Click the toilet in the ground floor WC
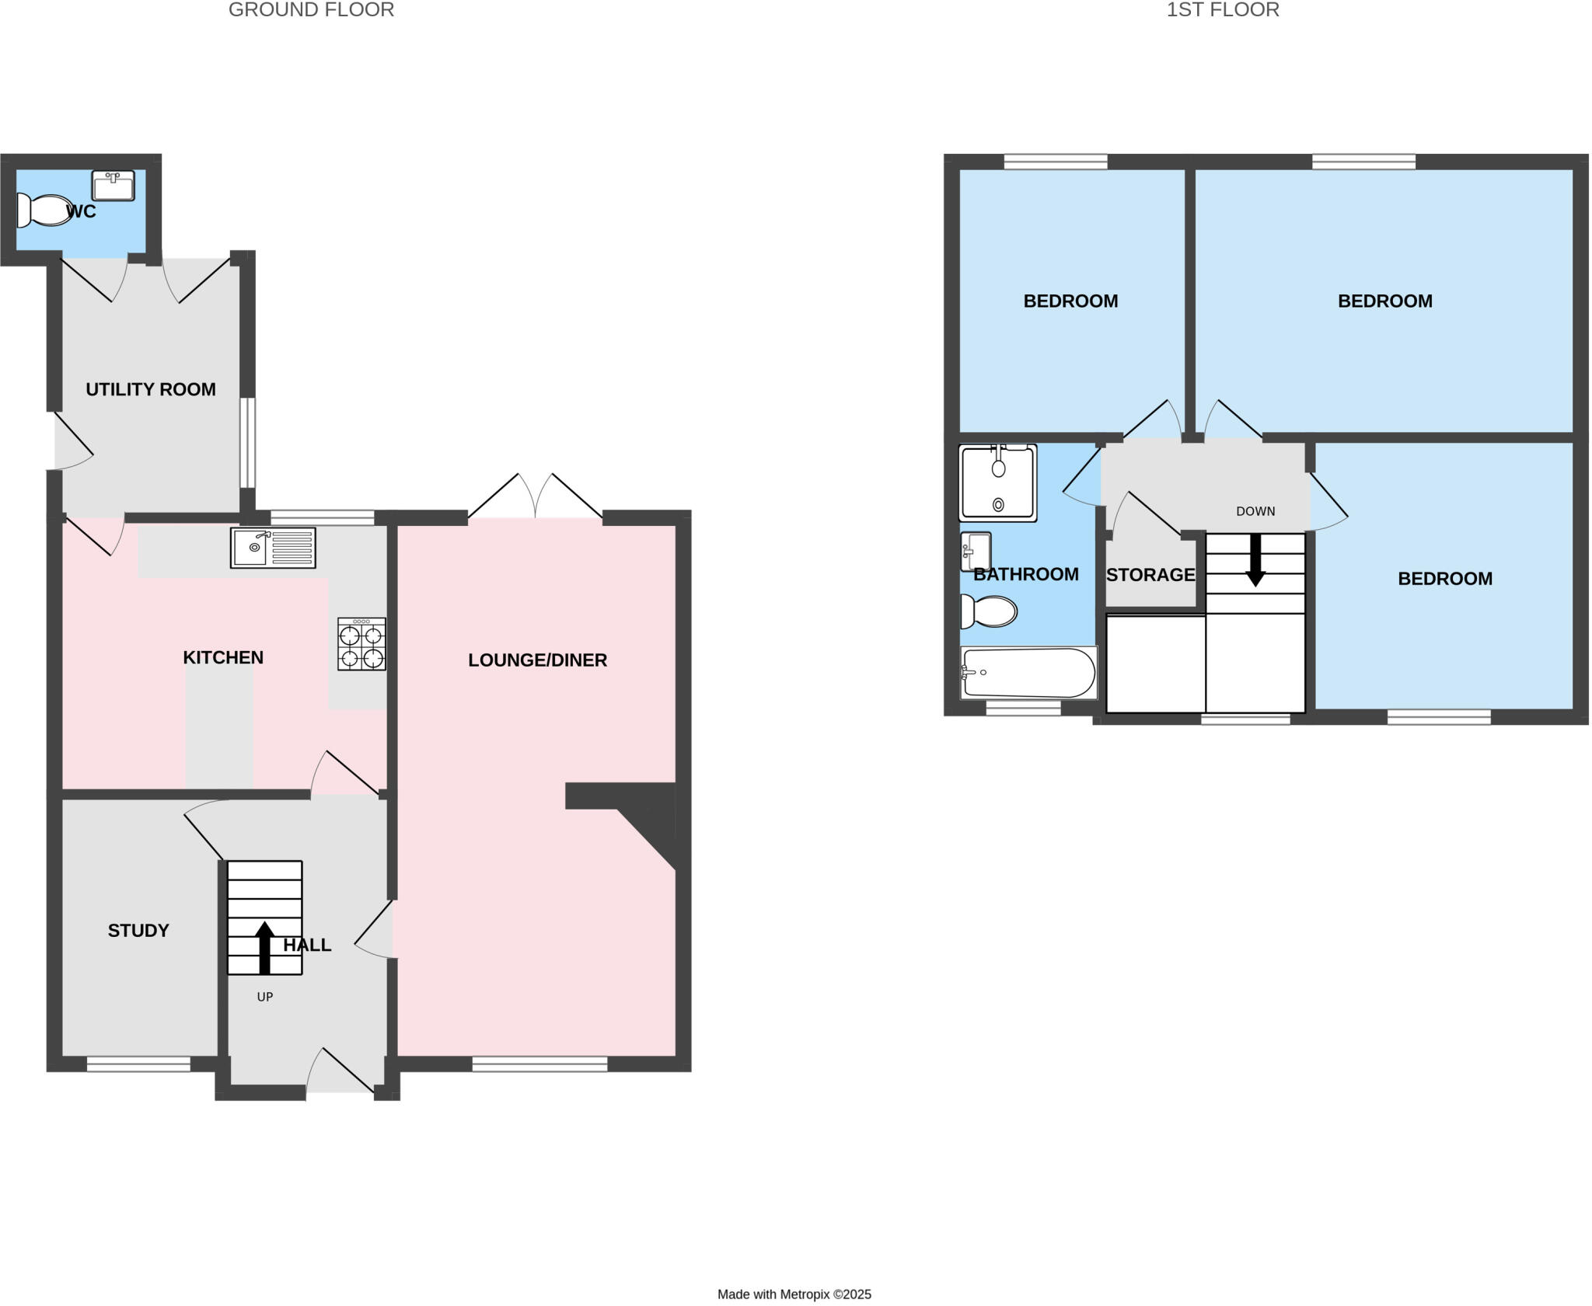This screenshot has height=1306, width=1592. [45, 211]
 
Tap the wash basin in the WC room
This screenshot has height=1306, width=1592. [113, 186]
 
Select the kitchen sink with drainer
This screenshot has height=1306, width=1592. [273, 548]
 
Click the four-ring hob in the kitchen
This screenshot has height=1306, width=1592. [361, 644]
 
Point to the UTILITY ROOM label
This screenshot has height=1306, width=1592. [151, 389]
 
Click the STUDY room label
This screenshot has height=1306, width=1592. [138, 930]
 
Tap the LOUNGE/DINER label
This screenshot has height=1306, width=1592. [537, 660]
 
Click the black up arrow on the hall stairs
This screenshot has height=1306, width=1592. [265, 947]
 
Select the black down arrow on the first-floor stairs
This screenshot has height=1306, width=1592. [1255, 560]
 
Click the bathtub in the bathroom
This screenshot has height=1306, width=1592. [1028, 673]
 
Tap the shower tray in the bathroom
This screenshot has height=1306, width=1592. [998, 482]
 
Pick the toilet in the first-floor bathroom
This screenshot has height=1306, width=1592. [989, 611]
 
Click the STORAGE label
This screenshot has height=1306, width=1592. [1150, 575]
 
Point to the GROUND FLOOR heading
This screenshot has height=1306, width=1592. [311, 10]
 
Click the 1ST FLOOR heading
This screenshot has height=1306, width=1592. [1222, 10]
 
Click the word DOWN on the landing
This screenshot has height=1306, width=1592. [1255, 511]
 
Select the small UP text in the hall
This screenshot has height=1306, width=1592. [265, 997]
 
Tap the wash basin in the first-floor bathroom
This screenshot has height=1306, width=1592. [976, 552]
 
